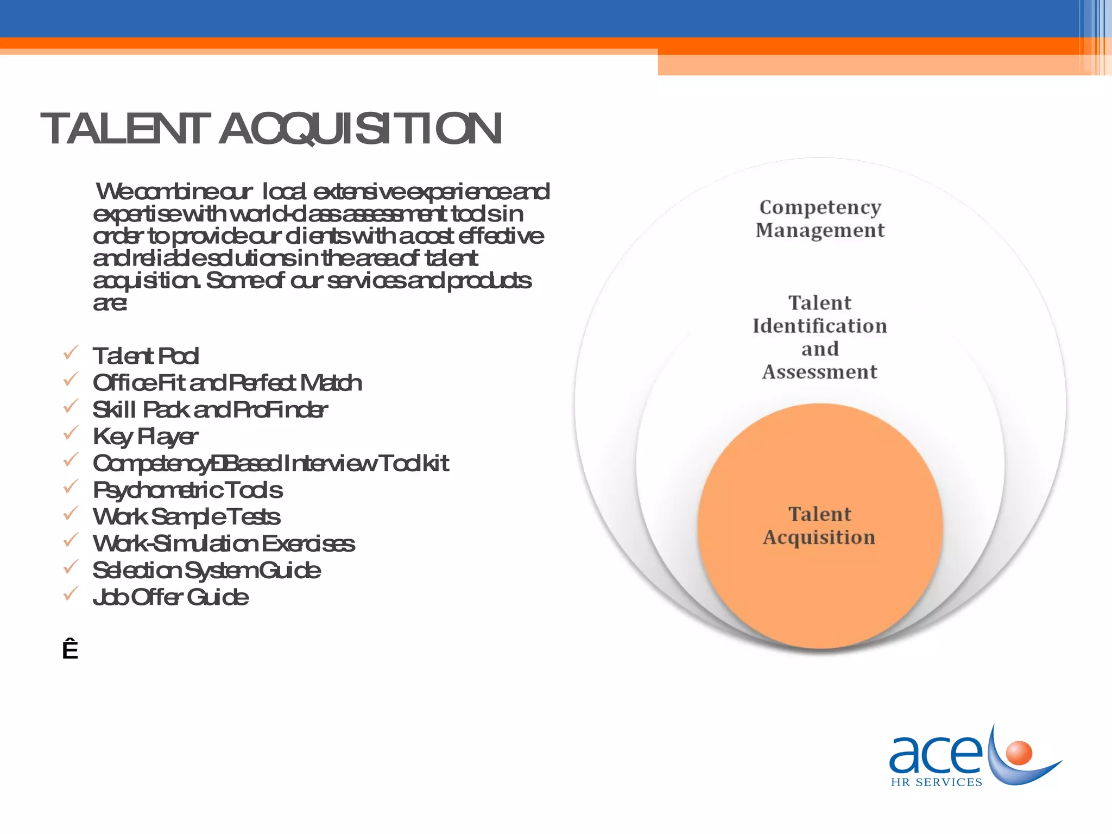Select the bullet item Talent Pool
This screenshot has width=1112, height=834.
click(x=146, y=356)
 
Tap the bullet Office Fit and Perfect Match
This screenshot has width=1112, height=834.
click(x=227, y=383)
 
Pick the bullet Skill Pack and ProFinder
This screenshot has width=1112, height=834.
click(x=210, y=410)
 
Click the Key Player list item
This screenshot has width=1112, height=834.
click(x=145, y=437)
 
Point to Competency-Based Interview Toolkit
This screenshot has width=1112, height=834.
click(x=270, y=464)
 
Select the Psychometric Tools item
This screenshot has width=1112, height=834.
click(x=187, y=490)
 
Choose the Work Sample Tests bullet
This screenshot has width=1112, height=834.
click(x=186, y=517)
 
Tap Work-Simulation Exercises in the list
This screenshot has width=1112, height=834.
click(x=224, y=544)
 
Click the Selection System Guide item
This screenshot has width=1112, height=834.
click(x=206, y=571)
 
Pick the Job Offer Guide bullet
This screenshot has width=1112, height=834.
click(x=170, y=597)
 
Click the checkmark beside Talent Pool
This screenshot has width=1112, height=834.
click(x=71, y=353)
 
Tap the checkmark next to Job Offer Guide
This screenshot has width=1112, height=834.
click(x=71, y=593)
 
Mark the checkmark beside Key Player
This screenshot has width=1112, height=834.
click(x=71, y=433)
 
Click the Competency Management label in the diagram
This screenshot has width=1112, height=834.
click(x=820, y=218)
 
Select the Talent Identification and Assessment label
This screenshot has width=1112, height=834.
click(x=820, y=337)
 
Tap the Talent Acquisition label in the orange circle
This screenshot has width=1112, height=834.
click(x=820, y=526)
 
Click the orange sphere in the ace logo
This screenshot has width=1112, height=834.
click(x=1018, y=753)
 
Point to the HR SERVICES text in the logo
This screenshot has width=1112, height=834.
click(x=937, y=782)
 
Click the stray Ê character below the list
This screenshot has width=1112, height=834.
click(x=70, y=650)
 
